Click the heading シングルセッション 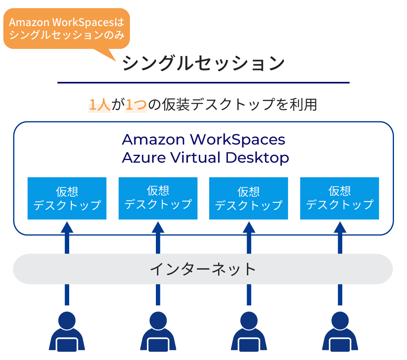pos(203,64)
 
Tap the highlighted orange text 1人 pos(100,105)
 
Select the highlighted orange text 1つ pos(136,105)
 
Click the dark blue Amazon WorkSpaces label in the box pos(203,140)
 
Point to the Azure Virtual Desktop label pos(205,158)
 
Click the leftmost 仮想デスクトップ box pos(67,198)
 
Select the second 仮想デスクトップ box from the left pos(158,198)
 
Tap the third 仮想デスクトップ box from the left pos(249,198)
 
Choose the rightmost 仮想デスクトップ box pos(339,198)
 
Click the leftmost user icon pos(67,332)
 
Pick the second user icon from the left pos(158,332)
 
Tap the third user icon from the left pos(249,332)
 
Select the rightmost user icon pos(340,332)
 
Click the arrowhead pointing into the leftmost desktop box pos(67,226)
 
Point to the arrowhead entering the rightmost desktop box pos(340,226)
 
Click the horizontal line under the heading pos(203,83)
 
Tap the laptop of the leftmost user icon pos(67,345)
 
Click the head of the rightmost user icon pos(340,320)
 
